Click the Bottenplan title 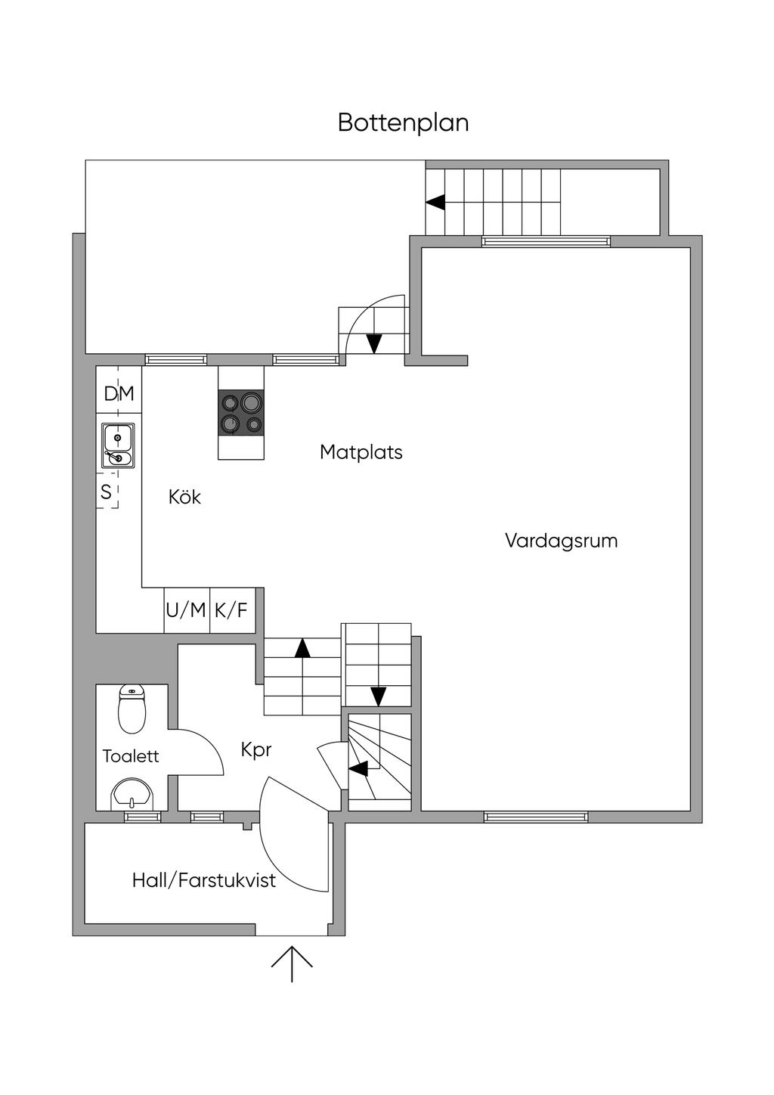pyautogui.click(x=403, y=123)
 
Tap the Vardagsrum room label pyautogui.click(x=561, y=541)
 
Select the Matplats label pyautogui.click(x=361, y=452)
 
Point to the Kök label pyautogui.click(x=184, y=497)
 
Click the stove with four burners pyautogui.click(x=241, y=413)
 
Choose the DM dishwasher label pyautogui.click(x=119, y=393)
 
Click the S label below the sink pyautogui.click(x=106, y=492)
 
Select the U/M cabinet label pyautogui.click(x=186, y=610)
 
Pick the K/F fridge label pyautogui.click(x=231, y=610)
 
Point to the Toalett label pyautogui.click(x=131, y=755)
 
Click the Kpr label pyautogui.click(x=255, y=749)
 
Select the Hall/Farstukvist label pyautogui.click(x=203, y=880)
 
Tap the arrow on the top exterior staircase pyautogui.click(x=435, y=202)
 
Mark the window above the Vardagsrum pyautogui.click(x=546, y=242)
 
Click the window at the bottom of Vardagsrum pyautogui.click(x=536, y=817)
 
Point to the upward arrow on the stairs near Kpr pyautogui.click(x=302, y=647)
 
